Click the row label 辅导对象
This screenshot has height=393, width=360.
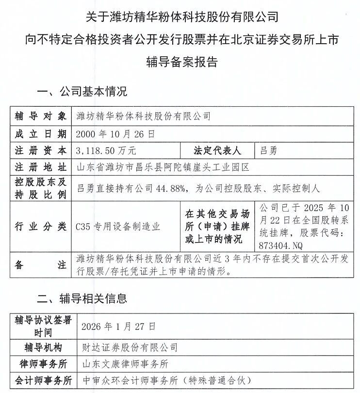(40, 116)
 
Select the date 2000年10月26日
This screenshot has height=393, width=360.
(115, 133)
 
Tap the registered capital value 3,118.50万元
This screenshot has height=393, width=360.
(106, 150)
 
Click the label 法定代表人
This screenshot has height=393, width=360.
(217, 150)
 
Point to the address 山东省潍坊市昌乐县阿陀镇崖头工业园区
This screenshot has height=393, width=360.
(163, 168)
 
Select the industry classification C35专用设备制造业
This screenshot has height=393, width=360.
(118, 226)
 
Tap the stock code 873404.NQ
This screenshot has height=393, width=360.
(281, 244)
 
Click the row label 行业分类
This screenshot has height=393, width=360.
(40, 226)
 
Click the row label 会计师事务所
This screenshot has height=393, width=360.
(43, 380)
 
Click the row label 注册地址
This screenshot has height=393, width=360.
(40, 168)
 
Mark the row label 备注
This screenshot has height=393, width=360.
(40, 265)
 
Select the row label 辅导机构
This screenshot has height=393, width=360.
(43, 347)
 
